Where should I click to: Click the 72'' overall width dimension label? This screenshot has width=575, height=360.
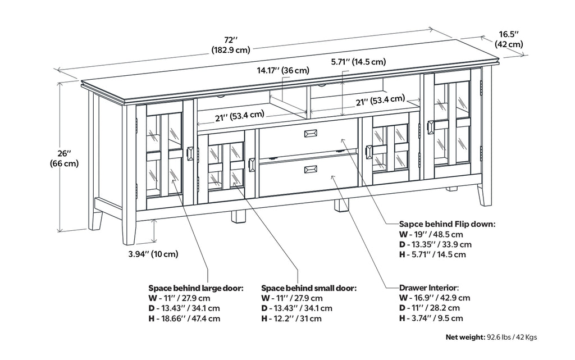point(231,44)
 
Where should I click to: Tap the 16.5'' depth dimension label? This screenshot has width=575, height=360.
point(509,39)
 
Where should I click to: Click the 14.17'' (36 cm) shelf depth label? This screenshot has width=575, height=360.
point(283,70)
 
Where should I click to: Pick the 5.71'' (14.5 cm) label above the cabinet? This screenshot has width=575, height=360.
point(358,62)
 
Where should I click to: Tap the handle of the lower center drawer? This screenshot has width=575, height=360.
point(311,169)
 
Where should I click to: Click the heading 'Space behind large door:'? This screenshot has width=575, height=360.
point(195,288)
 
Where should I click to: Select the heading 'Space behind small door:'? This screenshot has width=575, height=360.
point(308,288)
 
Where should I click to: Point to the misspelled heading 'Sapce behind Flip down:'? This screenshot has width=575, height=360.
point(446,224)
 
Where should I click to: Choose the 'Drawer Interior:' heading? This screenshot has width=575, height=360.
point(429,287)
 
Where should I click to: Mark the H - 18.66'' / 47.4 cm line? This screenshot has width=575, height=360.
point(184,318)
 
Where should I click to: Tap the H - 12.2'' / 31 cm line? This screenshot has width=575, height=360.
point(291,318)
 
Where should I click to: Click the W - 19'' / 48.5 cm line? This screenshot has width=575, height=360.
point(431,234)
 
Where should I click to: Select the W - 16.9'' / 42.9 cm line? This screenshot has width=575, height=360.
point(435,298)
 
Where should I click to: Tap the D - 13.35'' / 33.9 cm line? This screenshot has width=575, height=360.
point(435,244)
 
